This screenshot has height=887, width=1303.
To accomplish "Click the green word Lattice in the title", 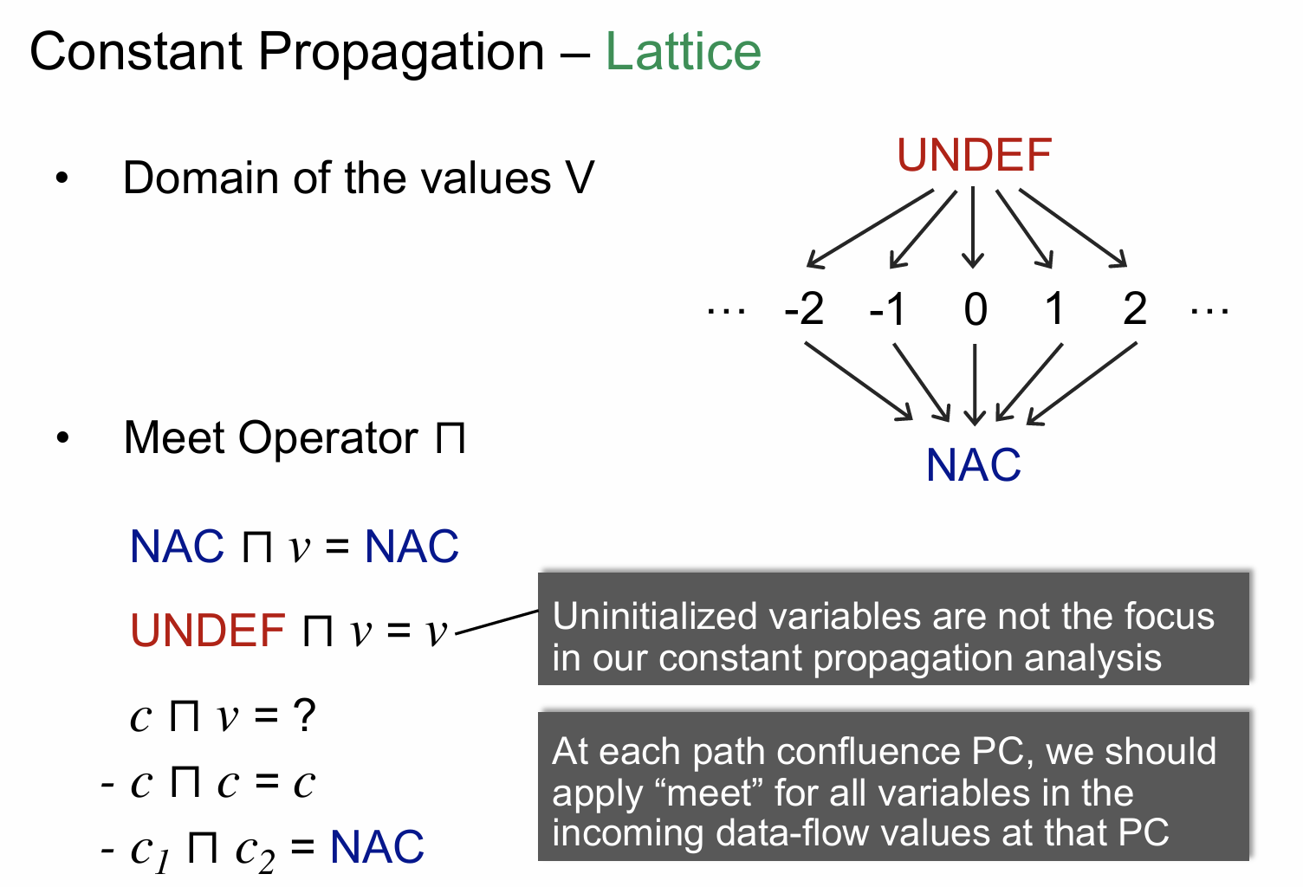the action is click(683, 51).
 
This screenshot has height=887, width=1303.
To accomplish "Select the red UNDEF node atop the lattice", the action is click(975, 155).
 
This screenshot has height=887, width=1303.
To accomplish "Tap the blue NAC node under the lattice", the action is click(973, 465).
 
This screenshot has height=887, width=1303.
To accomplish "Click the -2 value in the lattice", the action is click(804, 308).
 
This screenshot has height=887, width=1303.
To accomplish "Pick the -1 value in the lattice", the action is click(887, 308).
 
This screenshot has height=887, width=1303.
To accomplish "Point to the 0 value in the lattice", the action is click(976, 309).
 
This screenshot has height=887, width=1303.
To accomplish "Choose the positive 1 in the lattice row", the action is click(1054, 308).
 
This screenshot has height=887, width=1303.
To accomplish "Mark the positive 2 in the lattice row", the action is click(1134, 308).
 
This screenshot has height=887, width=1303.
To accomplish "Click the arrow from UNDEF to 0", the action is click(973, 227).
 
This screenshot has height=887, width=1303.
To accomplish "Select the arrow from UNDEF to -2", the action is click(870, 228).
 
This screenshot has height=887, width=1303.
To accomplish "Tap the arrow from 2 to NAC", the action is click(1081, 384).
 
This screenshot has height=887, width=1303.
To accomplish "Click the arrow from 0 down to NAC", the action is click(975, 385).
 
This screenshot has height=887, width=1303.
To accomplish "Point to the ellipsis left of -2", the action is click(726, 311).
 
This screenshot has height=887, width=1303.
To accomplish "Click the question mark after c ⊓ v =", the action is click(303, 715).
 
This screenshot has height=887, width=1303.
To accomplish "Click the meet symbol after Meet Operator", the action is click(451, 438).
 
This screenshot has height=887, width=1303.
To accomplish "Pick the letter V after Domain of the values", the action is click(580, 178).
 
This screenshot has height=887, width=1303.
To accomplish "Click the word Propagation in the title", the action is click(401, 52).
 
